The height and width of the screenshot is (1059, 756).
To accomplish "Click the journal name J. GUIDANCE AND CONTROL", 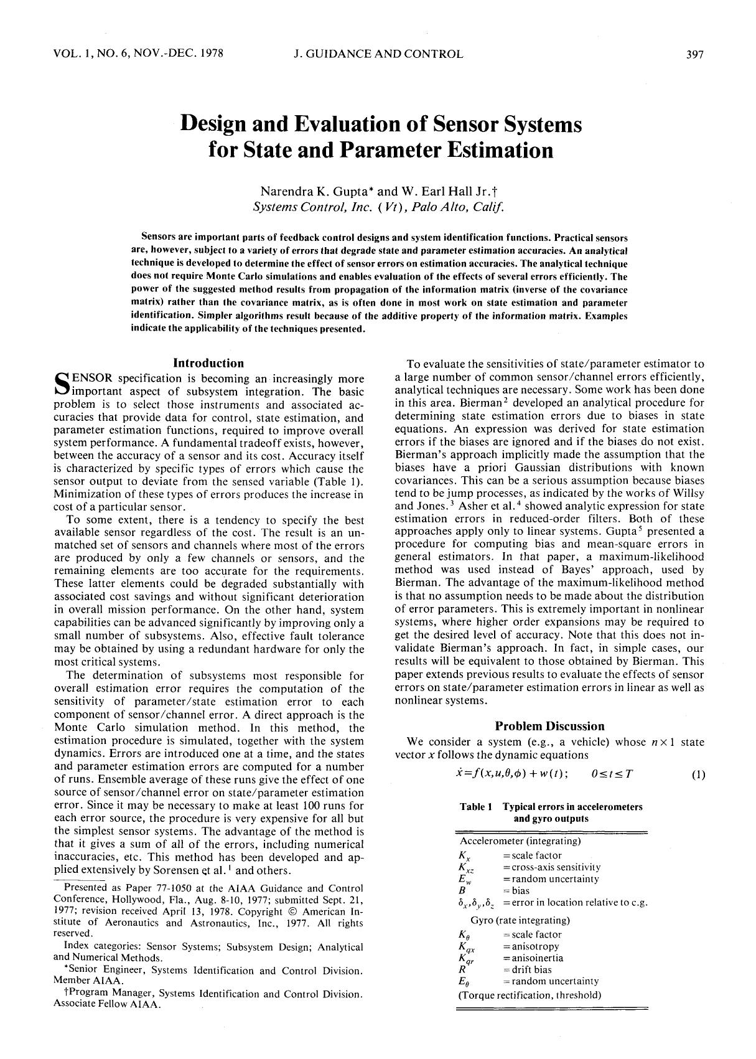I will coord(378,54).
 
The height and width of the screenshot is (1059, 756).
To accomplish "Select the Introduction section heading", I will coord(208,363).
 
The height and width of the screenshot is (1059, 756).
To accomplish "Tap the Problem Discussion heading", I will coord(549,726).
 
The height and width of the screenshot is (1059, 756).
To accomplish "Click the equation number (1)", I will coord(698,775).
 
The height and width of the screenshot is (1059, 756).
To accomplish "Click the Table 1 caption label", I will coord(476,807).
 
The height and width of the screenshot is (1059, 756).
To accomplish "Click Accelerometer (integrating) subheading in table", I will coord(520,841).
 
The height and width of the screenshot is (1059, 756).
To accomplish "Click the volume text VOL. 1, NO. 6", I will coord(94,54).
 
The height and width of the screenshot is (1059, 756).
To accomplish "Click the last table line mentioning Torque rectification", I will coord(530,995).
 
